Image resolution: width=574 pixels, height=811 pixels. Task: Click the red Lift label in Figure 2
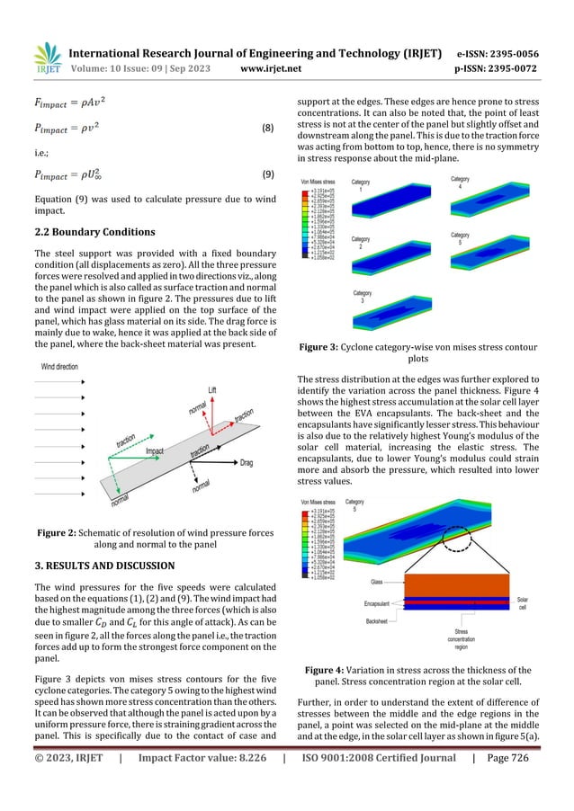tap(212, 389)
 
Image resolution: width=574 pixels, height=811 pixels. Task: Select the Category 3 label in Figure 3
tap(363, 293)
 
